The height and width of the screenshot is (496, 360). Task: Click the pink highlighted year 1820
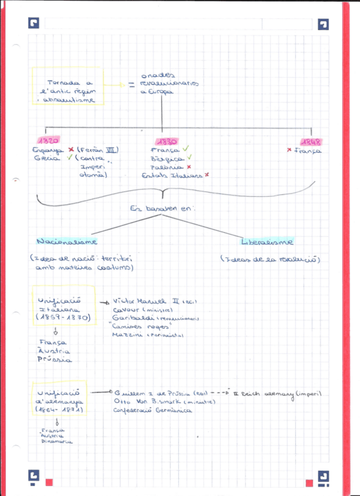tap(47, 141)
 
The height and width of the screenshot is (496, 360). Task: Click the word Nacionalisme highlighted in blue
tap(67, 241)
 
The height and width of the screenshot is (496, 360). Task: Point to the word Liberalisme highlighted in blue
tap(268, 241)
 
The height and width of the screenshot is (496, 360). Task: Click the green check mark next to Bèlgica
tap(188, 158)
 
